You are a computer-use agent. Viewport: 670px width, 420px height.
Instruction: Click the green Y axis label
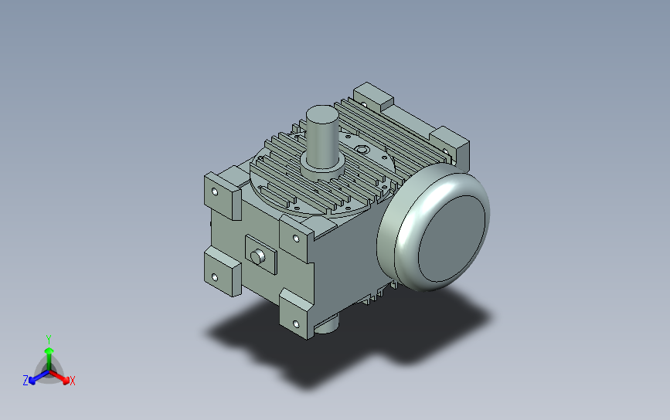49,340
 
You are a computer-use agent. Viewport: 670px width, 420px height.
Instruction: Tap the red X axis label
72,381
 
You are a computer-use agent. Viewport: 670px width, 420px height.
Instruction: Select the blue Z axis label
26,381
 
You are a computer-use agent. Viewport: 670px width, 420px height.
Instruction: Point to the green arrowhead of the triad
49,351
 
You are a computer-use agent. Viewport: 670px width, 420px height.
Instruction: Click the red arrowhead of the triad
66,380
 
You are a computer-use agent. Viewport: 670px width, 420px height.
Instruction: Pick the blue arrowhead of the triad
32,380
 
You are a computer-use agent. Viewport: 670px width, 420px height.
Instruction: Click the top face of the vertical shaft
322,114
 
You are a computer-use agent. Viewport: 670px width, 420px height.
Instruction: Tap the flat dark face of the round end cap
451,239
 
